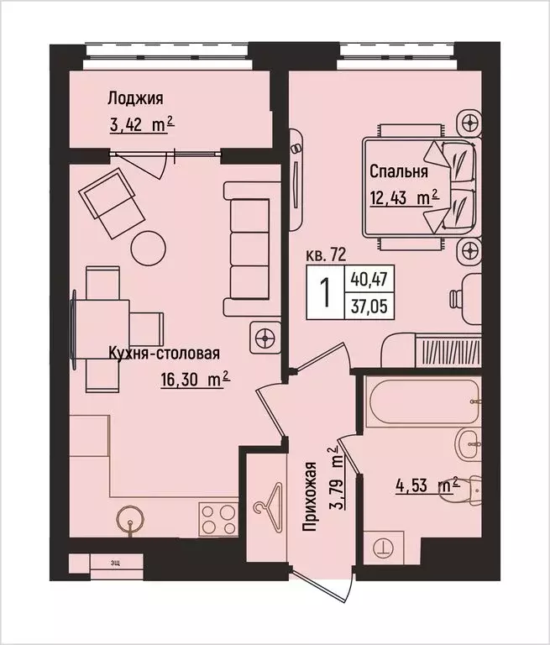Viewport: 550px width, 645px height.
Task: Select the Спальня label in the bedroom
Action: (x=399, y=172)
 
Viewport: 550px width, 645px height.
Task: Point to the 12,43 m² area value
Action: (x=405, y=199)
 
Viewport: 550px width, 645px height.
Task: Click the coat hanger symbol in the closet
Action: (x=268, y=505)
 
